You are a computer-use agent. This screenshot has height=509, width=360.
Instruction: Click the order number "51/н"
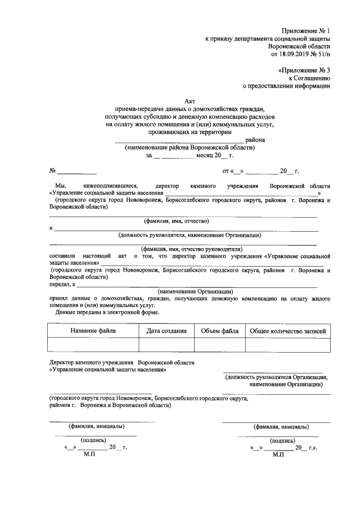click(321, 55)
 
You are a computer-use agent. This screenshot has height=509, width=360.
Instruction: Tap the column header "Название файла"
click(93, 331)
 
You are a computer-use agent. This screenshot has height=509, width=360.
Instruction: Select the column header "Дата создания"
click(166, 331)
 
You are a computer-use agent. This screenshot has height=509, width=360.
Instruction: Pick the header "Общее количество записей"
click(287, 331)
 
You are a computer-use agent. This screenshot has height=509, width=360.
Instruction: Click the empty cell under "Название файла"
click(93, 345)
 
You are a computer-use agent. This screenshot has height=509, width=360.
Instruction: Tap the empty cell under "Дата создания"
click(166, 345)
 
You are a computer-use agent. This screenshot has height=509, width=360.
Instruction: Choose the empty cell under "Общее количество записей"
click(287, 345)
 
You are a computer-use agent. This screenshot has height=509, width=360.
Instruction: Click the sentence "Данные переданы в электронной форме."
click(107, 312)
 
